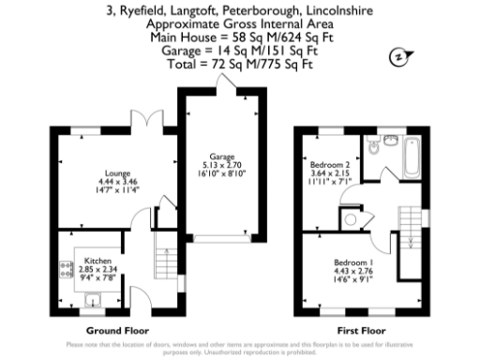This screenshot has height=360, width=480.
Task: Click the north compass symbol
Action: click(398, 57)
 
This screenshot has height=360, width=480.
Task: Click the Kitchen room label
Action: click(97, 259)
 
